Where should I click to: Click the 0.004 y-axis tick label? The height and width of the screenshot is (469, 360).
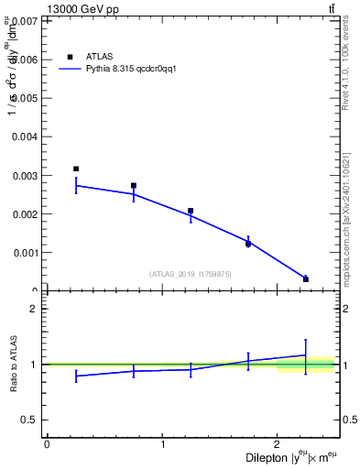(x=24, y=136)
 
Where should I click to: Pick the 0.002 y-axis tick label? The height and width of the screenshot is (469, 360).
(x=24, y=214)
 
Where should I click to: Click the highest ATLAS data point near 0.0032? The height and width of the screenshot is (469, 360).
(x=76, y=169)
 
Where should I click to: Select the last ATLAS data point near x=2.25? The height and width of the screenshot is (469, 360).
(x=306, y=279)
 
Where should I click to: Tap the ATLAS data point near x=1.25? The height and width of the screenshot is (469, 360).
(x=191, y=211)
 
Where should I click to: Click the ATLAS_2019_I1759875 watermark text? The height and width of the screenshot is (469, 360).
(x=191, y=274)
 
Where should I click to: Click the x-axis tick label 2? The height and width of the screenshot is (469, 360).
(x=278, y=444)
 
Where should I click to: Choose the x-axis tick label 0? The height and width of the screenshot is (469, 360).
(x=47, y=444)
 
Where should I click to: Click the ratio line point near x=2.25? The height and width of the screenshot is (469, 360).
(x=306, y=354)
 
